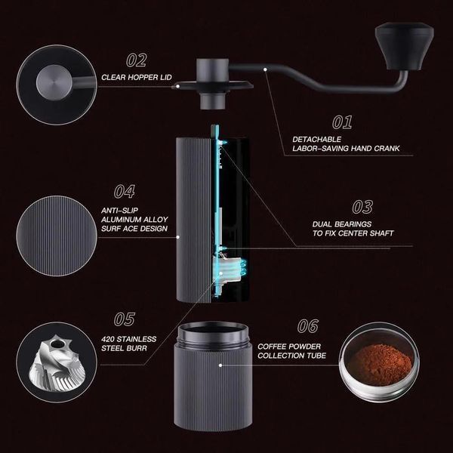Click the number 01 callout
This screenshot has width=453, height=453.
click(x=342, y=122)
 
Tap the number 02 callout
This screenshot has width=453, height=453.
click(x=137, y=60)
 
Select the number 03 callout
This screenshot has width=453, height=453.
click(x=362, y=207)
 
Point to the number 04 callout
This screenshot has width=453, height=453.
click(x=125, y=192)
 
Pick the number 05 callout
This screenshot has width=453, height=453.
click(x=125, y=319)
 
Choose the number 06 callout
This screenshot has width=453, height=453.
click(x=308, y=326)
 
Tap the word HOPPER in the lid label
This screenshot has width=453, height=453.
click(x=141, y=78)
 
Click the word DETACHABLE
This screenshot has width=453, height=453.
click(x=316, y=139)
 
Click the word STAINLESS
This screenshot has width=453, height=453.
click(x=137, y=339)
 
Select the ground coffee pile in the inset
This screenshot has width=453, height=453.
click(x=380, y=365)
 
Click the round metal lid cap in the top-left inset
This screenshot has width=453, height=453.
click(x=54, y=82)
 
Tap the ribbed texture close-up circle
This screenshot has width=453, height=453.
click(x=57, y=236)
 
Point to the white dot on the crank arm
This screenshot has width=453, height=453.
click(x=265, y=69)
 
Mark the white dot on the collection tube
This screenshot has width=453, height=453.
click(x=220, y=365)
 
